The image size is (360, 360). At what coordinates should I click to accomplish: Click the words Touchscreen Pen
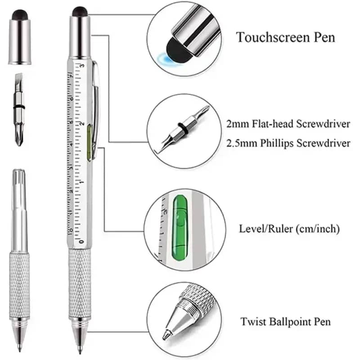tap(286, 37)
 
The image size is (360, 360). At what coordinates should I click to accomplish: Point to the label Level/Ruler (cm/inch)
tap(289, 229)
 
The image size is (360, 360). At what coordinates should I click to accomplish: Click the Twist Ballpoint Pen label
tap(285, 322)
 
